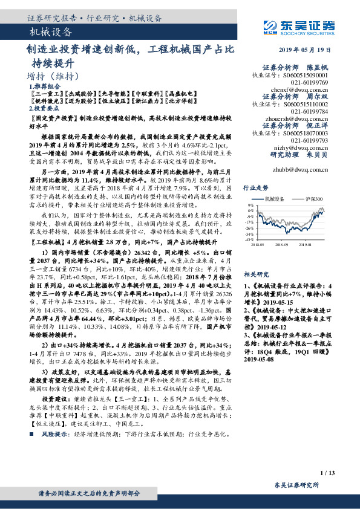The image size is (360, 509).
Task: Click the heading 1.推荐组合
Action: [42, 87]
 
